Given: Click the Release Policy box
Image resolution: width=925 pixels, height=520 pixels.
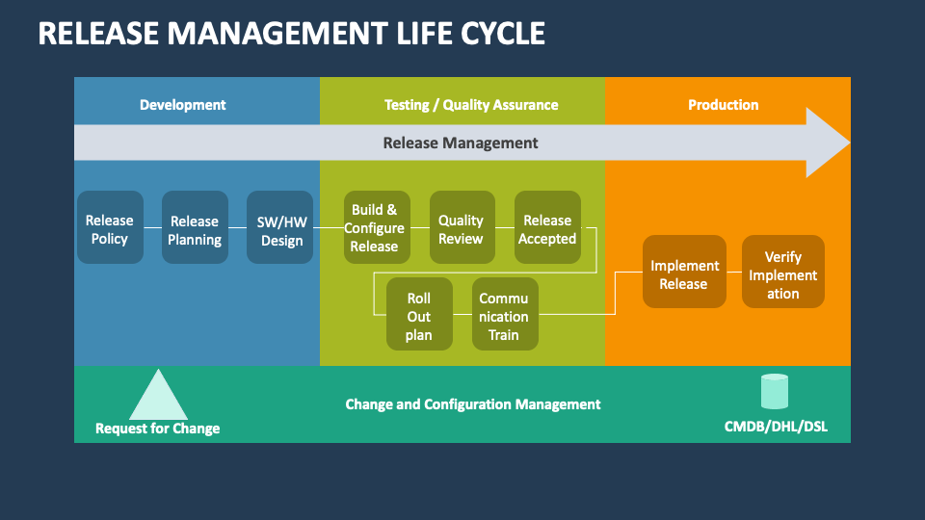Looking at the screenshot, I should pos(110,227).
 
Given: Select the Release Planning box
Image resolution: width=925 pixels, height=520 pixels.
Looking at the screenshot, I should pos(195,227).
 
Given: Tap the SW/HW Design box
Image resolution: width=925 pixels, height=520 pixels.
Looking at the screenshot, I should pos(280,227).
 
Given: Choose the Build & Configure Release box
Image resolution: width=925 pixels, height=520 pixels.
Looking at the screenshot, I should pos(374,227).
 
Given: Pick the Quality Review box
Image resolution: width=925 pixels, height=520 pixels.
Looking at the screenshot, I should pos(461,227).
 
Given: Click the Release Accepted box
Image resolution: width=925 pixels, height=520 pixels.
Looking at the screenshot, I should pos(547,227).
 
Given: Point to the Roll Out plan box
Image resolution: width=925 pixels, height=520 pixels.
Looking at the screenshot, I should pos(419,314).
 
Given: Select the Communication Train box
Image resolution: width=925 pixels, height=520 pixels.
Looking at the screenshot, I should pos(504,314).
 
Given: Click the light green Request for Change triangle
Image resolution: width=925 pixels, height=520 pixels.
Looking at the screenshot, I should pos(158,397).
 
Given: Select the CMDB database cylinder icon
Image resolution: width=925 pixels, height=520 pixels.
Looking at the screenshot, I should pos(774,392).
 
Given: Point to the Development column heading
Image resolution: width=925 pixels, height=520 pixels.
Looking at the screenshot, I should pos(183,105).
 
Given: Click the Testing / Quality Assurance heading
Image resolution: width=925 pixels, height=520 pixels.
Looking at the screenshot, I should pos(471,105).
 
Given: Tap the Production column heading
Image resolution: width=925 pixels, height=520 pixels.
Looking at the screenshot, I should pos(723,105).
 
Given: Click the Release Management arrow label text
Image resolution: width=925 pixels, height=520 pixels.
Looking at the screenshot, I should pos(461,143).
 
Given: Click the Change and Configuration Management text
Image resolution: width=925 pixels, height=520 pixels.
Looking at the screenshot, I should pos(473,404).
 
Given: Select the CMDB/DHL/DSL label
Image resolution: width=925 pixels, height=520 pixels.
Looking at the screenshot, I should pos(775,426).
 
